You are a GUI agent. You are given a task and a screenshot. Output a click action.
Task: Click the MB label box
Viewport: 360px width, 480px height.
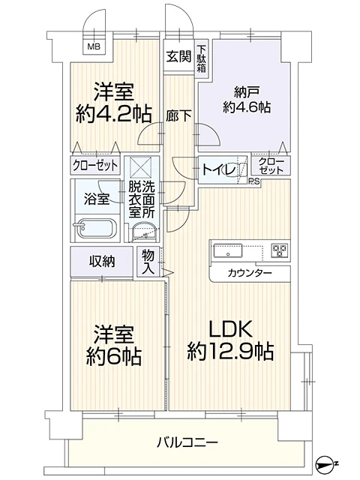pyautogui.click(x=94, y=46)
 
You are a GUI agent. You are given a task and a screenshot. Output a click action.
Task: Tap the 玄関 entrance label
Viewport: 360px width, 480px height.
pyautogui.click(x=178, y=55)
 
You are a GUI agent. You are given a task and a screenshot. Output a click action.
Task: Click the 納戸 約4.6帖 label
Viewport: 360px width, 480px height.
pyautogui.click(x=241, y=99)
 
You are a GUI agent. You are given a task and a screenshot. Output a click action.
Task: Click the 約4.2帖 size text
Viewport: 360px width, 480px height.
pyautogui.click(x=113, y=115)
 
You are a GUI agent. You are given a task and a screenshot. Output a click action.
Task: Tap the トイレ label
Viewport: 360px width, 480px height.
pyautogui.click(x=217, y=170)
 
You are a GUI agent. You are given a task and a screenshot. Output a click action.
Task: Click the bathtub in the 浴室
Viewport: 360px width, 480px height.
pyautogui.click(x=97, y=228)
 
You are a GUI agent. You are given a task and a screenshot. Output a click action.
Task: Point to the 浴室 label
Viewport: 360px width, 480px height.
pyautogui.click(x=97, y=199)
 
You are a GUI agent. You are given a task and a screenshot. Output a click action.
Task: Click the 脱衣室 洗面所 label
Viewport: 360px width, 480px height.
pyautogui.click(x=142, y=199)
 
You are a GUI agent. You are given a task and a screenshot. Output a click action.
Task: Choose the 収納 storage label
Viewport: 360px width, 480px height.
pyautogui.click(x=102, y=261)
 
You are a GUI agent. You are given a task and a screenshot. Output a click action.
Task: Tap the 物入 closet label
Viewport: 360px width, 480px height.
pyautogui.click(x=148, y=261)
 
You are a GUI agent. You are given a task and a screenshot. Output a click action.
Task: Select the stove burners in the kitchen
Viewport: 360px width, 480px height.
pyautogui.click(x=280, y=250)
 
